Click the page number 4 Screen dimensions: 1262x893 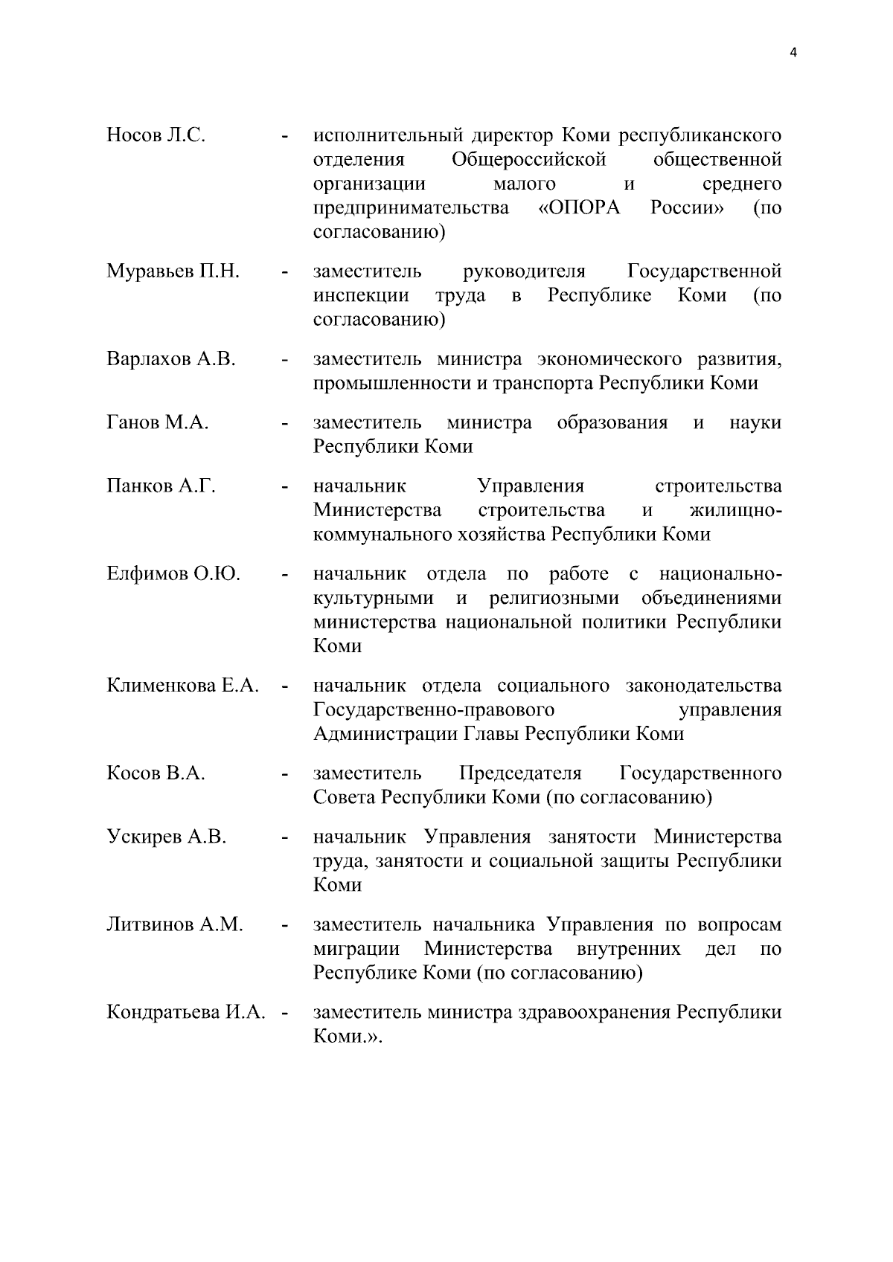click(x=793, y=53)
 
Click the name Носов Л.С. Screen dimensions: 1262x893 click(x=156, y=135)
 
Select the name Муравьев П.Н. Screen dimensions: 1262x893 click(x=173, y=271)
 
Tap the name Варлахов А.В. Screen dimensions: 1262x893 click(x=171, y=359)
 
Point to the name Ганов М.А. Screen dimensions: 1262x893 click(x=157, y=423)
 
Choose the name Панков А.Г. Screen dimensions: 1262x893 click(x=161, y=486)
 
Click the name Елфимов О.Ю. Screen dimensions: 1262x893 click(x=173, y=574)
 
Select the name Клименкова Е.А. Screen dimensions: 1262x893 click(x=182, y=686)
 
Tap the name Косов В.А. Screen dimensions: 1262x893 click(x=156, y=773)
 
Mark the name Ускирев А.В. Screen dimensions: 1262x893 click(x=166, y=837)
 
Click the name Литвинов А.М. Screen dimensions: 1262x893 click(x=175, y=925)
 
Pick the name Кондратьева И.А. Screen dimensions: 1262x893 click(x=186, y=1013)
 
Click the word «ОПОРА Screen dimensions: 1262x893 click(x=579, y=208)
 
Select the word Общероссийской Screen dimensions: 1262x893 click(x=528, y=160)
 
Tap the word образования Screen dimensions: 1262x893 click(x=612, y=423)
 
